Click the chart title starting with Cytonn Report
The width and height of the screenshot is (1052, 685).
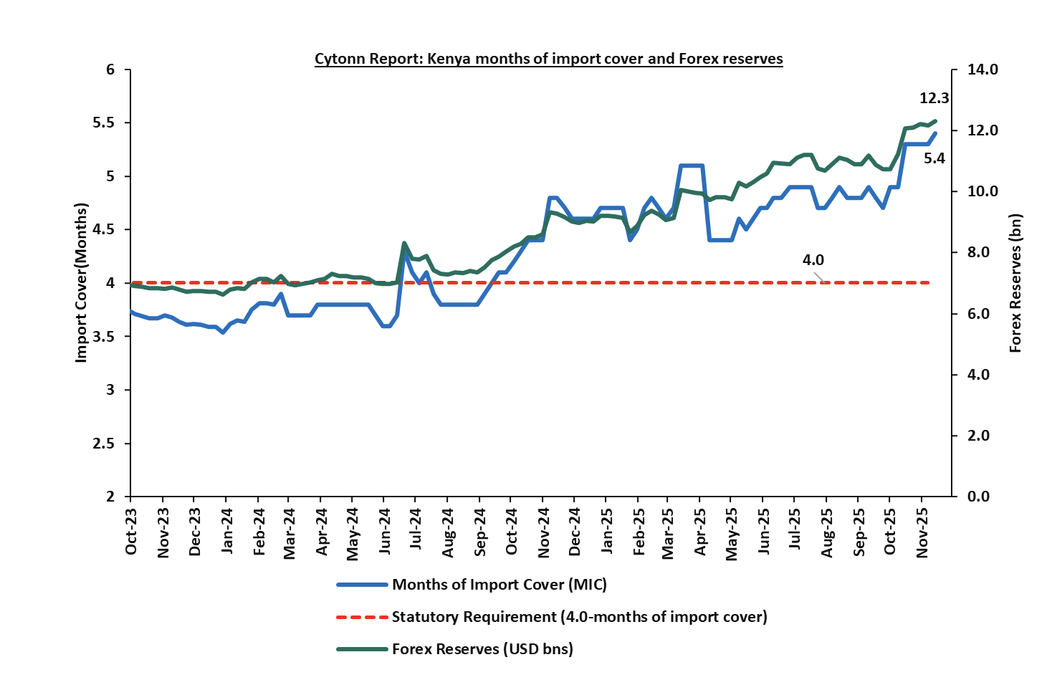pos(548,59)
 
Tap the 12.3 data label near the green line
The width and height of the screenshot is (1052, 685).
pos(934,99)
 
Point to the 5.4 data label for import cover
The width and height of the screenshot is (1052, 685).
pos(934,158)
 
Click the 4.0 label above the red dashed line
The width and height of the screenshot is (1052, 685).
pos(813,261)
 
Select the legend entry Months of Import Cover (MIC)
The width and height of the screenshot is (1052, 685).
pos(499,585)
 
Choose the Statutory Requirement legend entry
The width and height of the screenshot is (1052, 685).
pos(579,617)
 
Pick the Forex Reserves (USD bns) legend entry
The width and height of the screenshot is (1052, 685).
pos(482,649)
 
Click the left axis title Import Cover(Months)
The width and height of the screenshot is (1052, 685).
pos(81,282)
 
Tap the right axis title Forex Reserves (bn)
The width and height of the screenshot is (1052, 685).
pos(1015,283)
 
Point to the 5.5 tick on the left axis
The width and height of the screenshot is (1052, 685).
pos(104,123)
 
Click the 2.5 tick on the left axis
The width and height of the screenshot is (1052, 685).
pos(104,444)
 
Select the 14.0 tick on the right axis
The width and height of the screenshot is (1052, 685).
pos(983,70)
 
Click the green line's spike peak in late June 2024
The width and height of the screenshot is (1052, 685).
pos(404,244)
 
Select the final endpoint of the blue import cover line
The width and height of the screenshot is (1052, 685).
pos(935,133)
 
